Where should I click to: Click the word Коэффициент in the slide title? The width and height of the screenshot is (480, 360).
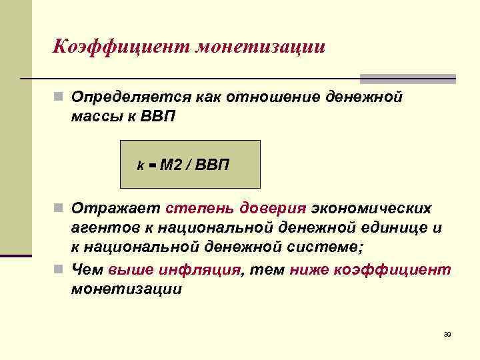[x=122, y=47]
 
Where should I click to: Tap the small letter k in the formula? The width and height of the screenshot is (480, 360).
[x=141, y=165]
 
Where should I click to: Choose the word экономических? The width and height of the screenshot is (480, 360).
[x=367, y=210]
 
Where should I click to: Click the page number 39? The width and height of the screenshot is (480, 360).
[x=447, y=334]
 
